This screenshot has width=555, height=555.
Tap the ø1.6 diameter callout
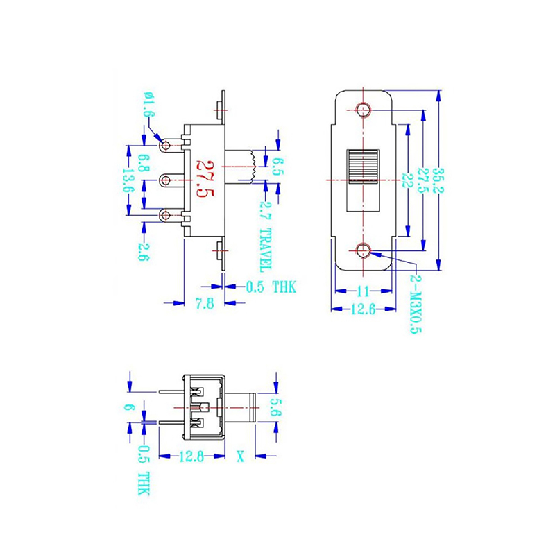pos(148,105)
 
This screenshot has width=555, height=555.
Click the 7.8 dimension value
pos(204,302)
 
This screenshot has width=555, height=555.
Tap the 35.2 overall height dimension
pos(438,181)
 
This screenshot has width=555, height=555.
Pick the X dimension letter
pos(241,456)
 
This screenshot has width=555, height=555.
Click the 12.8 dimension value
pos(191,456)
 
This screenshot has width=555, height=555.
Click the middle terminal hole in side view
pos(165,180)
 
